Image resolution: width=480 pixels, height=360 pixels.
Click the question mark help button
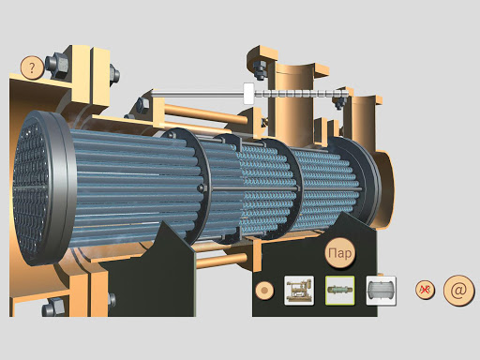coord(32,67)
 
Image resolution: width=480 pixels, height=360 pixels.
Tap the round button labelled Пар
coord(340,253)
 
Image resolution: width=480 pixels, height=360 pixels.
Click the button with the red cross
coord(425,290)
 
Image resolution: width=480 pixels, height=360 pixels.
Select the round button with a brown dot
coord(264,291)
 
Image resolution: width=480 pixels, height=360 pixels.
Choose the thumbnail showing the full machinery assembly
coord(299,291)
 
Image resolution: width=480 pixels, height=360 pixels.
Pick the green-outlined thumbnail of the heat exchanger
coord(340,291)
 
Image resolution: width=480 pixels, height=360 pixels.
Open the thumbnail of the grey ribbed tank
coord(382,291)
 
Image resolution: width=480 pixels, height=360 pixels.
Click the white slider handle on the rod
coord(248,94)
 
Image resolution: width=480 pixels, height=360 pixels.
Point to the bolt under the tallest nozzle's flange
coord(260,69)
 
